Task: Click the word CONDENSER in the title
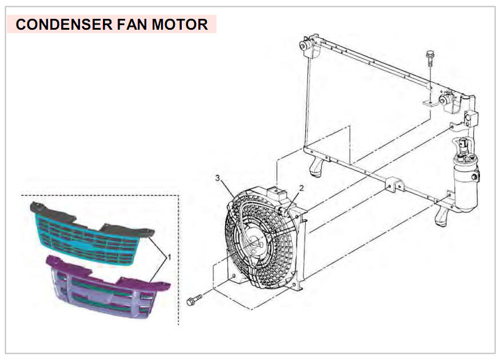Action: tap(64, 25)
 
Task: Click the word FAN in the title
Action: tap(133, 25)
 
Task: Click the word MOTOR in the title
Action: tap(180, 25)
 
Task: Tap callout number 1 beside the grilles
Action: tap(169, 257)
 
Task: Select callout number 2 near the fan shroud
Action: tap(301, 188)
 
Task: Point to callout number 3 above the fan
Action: tap(218, 178)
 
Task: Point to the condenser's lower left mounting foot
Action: tap(317, 166)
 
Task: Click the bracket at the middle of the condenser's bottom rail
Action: tap(394, 185)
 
